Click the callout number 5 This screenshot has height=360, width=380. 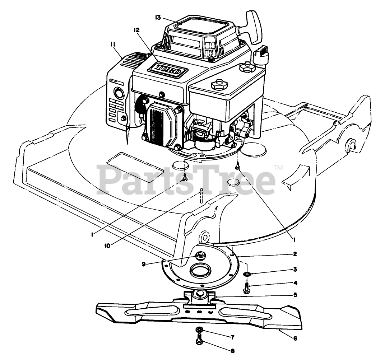(x=295, y=295)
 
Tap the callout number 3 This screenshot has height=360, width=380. (x=295, y=269)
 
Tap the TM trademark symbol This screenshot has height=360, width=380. (x=279, y=167)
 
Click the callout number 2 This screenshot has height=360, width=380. (x=295, y=254)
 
